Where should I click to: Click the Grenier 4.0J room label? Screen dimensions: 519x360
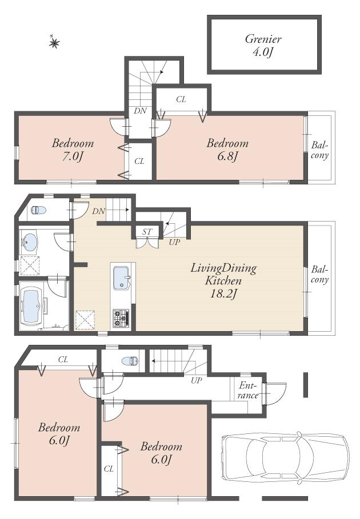263,45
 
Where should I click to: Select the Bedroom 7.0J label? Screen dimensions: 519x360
73,149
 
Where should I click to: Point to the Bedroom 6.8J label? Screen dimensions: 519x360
227,149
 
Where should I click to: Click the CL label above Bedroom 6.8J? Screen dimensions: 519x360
181,99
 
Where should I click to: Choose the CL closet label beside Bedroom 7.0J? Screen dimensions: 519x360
139,162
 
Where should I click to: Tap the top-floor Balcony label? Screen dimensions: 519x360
319,150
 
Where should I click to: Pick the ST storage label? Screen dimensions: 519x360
147,231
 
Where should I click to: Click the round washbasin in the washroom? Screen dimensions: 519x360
29,242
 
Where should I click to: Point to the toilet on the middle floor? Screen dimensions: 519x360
38,210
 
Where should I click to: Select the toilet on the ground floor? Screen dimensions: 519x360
130,361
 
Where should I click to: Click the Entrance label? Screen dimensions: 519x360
249,391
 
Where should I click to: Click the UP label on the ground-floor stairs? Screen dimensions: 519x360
197,380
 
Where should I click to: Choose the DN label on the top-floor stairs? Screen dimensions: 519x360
140,111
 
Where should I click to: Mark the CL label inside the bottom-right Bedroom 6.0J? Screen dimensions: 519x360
109,468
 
